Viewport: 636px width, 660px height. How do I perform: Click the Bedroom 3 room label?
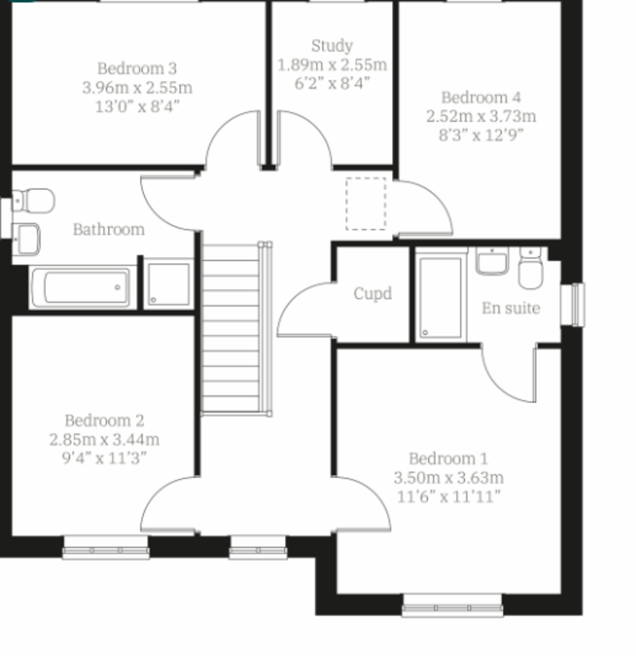(137, 69)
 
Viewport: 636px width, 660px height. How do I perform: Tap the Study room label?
(332, 46)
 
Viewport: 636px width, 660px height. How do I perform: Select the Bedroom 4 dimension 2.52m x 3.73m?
(481, 117)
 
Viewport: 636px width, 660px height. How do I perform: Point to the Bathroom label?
(109, 229)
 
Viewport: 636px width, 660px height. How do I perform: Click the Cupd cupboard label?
(373, 293)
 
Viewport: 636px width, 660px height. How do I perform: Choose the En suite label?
(511, 309)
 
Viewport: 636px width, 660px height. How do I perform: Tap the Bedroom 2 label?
(104, 421)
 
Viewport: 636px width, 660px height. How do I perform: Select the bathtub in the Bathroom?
(81, 288)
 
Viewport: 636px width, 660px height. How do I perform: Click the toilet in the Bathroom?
(33, 201)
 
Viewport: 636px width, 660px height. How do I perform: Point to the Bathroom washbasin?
(26, 239)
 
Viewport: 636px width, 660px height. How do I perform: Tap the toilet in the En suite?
(530, 268)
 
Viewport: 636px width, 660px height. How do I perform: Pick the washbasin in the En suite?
(493, 261)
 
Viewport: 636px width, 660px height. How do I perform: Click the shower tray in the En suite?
(441, 294)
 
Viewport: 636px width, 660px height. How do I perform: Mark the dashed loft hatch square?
(366, 204)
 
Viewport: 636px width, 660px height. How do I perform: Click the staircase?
(236, 329)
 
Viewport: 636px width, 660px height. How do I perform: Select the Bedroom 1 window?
(452, 606)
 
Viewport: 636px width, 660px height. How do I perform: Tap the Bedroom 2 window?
(106, 547)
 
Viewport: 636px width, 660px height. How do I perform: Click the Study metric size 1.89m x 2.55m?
(332, 65)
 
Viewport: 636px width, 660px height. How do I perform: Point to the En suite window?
(573, 305)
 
